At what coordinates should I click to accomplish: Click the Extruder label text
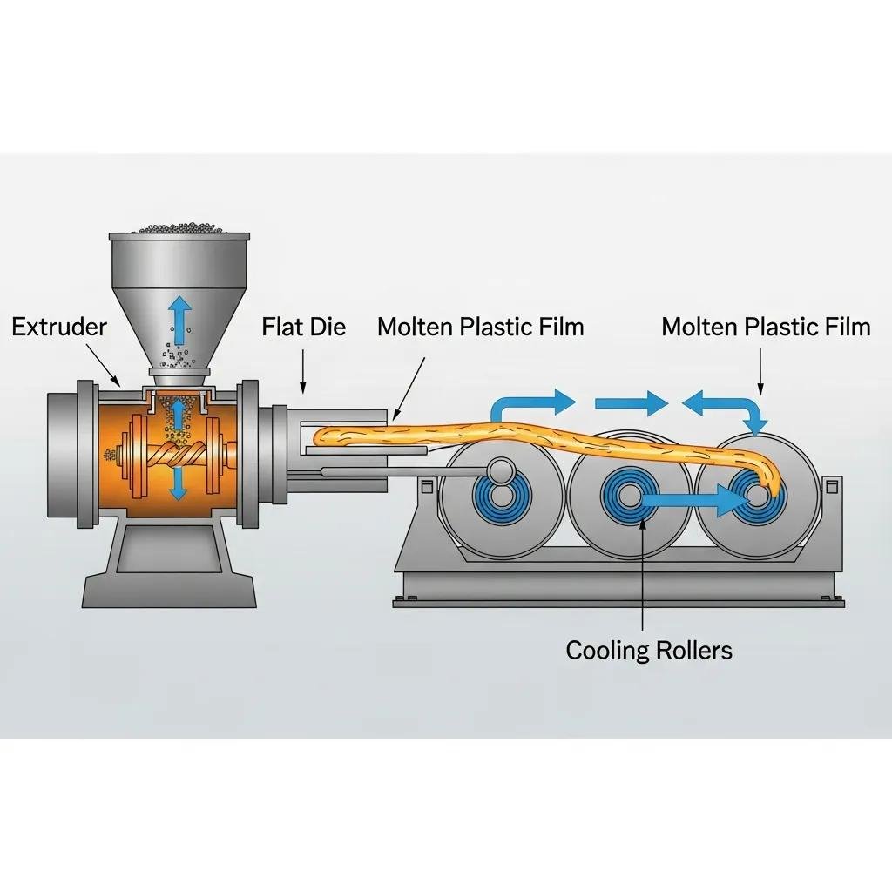tap(59, 328)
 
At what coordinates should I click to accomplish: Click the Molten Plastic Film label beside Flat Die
tap(480, 328)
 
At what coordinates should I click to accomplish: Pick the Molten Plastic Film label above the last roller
tap(766, 328)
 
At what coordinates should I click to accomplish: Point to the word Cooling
tap(607, 650)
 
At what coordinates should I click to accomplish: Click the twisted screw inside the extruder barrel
tap(179, 455)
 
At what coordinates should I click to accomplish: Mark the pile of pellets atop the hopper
tap(179, 227)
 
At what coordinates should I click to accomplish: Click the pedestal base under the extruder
tap(169, 566)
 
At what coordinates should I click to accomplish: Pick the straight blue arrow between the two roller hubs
tap(693, 499)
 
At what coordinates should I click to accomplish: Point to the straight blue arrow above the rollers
tap(631, 403)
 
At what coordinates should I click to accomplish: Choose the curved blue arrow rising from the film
tap(531, 406)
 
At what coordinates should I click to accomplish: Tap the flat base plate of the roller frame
tap(618, 600)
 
